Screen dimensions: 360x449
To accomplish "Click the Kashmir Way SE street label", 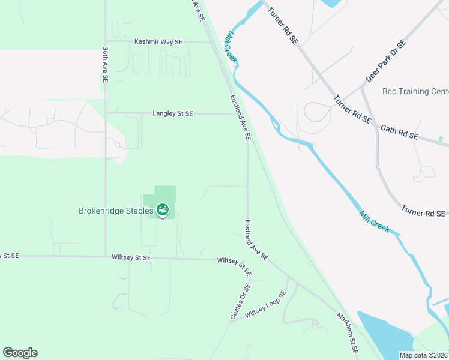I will tap(158, 42).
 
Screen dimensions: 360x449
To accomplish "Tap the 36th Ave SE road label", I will tap(105, 64).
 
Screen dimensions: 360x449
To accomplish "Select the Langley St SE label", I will tap(173, 113).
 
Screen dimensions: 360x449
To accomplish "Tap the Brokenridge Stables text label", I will tap(116, 211).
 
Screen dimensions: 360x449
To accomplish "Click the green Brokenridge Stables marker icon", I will tap(162, 210).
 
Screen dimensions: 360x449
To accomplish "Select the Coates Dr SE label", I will tap(239, 302).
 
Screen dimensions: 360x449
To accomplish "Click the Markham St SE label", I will tap(347, 332).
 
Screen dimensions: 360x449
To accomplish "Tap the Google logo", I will tap(20, 353).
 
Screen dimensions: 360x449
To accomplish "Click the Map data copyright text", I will tap(424, 355).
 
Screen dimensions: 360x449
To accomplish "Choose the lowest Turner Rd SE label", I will tap(424, 212).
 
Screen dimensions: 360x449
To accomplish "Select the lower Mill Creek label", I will tap(375, 222).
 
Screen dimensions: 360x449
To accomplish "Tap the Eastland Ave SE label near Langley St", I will tap(240, 117).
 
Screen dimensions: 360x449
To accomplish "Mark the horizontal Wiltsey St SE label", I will tap(131, 257).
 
